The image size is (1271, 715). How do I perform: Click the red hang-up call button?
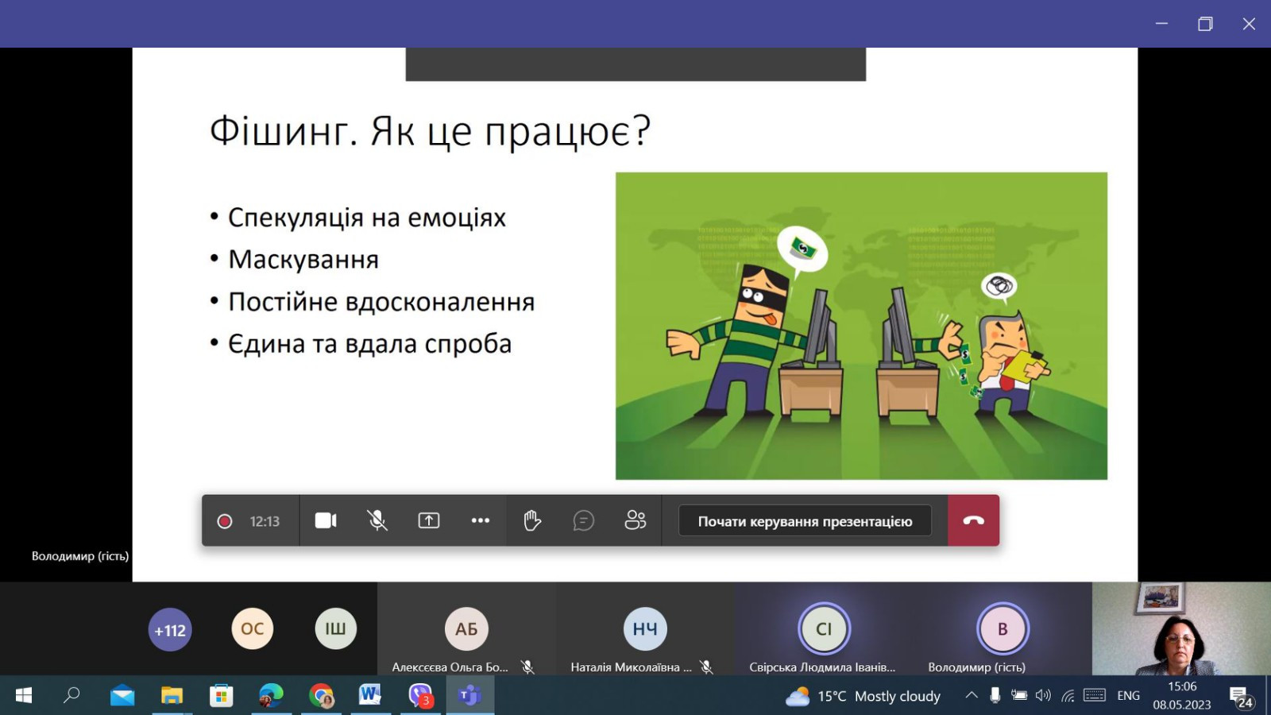tap(973, 520)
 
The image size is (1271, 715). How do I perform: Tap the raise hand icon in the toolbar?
tap(531, 520)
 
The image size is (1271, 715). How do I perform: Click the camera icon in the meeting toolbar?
tap(326, 520)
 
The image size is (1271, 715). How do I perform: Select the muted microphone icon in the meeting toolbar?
tap(377, 520)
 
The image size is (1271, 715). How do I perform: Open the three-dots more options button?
tap(480, 520)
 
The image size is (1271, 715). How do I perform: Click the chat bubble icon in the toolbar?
tap(583, 520)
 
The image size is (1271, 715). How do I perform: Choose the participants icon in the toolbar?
tap(635, 520)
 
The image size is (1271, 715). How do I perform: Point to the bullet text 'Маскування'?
tap(303, 259)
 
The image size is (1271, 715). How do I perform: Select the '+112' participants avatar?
tap(170, 629)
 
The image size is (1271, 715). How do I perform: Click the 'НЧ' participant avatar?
tap(645, 628)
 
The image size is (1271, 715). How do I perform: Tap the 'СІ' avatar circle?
tap(824, 628)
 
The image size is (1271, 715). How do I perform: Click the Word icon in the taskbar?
tap(370, 694)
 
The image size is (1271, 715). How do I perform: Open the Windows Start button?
tap(24, 695)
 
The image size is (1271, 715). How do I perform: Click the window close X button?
tap(1248, 24)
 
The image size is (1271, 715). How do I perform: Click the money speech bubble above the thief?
tap(802, 250)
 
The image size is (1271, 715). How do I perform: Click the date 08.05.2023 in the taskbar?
tap(1181, 704)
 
